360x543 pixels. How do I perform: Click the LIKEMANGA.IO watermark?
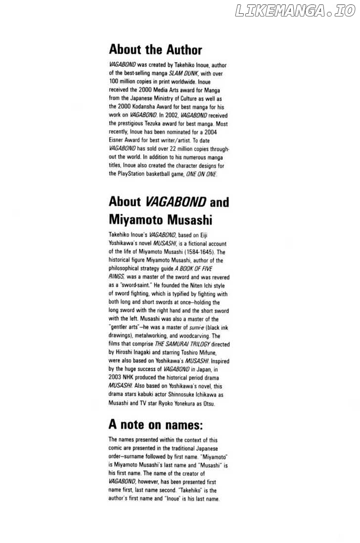(295, 11)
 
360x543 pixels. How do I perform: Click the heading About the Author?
(155, 49)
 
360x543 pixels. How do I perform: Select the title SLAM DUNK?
(182, 73)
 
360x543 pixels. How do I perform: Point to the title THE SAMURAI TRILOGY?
(182, 344)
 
